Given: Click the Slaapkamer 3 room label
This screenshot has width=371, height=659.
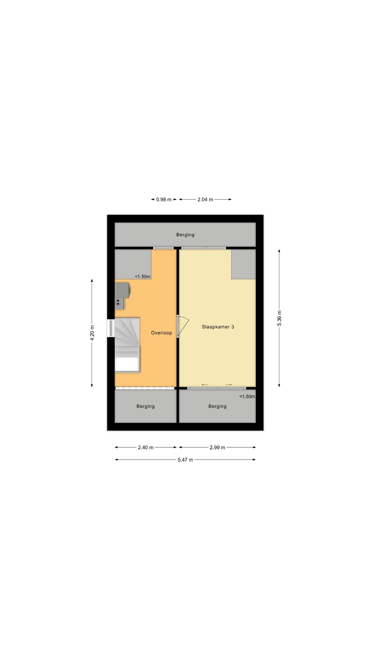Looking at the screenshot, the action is (x=218, y=327).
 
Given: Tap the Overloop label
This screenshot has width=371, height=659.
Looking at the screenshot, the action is (x=161, y=333).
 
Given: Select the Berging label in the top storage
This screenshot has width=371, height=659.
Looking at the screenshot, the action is (x=185, y=235).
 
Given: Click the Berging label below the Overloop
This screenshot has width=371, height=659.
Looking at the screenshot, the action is (x=145, y=406).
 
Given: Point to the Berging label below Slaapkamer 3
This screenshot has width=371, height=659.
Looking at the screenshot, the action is (x=217, y=406).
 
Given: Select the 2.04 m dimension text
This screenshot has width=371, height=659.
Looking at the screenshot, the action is (x=205, y=199).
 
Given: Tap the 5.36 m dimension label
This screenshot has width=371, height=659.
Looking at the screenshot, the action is (x=279, y=318).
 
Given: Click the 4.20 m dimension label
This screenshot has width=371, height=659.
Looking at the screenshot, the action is (x=92, y=333).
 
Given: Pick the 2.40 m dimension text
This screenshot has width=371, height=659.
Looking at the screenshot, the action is (x=146, y=447).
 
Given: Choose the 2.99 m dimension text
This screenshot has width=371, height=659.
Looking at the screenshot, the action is (x=217, y=447).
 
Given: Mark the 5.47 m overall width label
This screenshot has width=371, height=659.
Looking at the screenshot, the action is (x=185, y=460).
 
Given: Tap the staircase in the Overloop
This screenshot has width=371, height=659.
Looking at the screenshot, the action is (x=127, y=344).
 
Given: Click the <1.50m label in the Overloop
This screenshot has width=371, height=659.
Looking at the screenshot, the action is (x=143, y=277).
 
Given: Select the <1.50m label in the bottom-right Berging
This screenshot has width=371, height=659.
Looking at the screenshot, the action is (x=247, y=397).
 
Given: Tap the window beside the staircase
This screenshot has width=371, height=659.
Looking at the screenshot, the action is (x=111, y=328).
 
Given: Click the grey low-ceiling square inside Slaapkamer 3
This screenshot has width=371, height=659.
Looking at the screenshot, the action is (x=244, y=264).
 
